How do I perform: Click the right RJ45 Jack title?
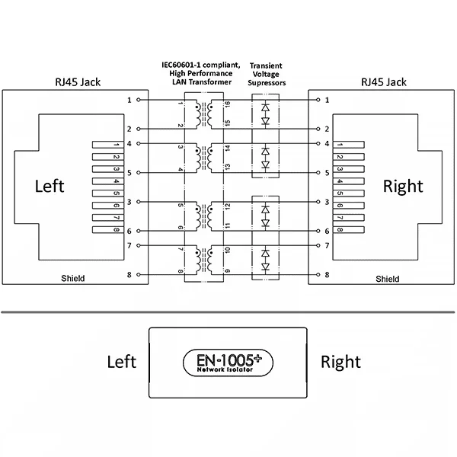point(383,81)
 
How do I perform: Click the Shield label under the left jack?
point(72,280)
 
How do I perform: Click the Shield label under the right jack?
point(387,280)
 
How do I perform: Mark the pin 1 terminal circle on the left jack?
point(139,100)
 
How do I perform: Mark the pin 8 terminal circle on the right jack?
point(316,274)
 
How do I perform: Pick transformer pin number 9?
point(226,270)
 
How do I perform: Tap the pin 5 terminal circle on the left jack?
point(139,173)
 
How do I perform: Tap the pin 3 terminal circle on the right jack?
point(316,202)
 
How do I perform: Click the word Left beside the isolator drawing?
point(121,361)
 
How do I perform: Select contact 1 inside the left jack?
point(107,144)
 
